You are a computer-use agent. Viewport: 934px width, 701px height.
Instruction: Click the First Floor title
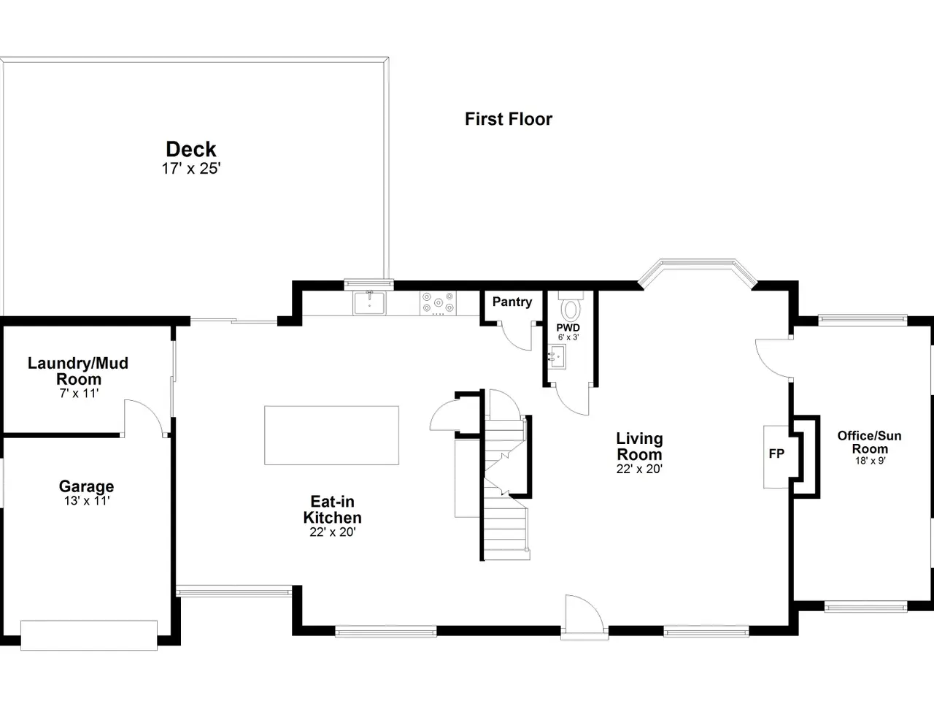(x=509, y=119)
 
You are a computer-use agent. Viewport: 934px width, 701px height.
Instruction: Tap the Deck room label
(x=191, y=150)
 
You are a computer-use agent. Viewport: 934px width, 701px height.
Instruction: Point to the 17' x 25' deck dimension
(x=191, y=169)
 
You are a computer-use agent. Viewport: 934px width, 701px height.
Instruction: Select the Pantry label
(x=512, y=302)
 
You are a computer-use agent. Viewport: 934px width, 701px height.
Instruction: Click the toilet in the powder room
(x=571, y=307)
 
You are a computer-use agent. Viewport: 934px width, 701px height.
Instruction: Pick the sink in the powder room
(x=557, y=356)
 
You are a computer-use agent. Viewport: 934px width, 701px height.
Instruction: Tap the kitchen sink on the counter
(x=369, y=303)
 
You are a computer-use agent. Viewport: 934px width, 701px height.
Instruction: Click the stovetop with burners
(x=438, y=303)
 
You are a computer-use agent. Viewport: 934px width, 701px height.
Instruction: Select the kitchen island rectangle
(x=331, y=435)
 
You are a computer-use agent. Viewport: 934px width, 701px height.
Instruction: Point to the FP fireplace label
(x=776, y=453)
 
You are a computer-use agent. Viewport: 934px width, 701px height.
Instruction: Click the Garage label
(x=86, y=486)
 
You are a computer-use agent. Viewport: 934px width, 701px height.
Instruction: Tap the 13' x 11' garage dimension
(x=87, y=501)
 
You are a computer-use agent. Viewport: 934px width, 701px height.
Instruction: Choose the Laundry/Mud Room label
(x=78, y=371)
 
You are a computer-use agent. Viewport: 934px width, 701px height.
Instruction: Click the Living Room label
(x=639, y=446)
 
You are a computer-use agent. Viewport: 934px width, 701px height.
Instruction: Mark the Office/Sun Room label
(x=869, y=443)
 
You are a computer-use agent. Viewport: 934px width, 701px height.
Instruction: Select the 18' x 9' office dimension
(x=871, y=461)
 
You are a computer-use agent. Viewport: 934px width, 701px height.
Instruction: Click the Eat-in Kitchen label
(x=332, y=510)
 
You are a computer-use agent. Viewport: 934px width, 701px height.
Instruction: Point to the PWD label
(x=568, y=328)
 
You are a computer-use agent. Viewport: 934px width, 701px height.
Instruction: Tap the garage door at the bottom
(x=89, y=635)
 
